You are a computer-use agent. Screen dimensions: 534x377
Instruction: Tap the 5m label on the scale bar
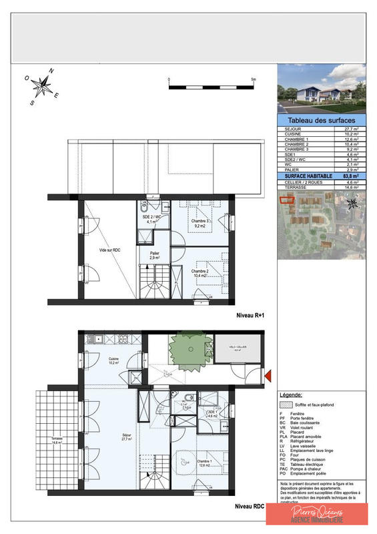[x=253, y=79]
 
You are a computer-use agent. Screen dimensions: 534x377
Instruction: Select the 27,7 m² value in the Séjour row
[x=351, y=129]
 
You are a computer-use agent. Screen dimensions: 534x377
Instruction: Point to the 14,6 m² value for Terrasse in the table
[x=351, y=188]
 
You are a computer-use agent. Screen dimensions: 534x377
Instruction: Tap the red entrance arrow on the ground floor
[x=268, y=377]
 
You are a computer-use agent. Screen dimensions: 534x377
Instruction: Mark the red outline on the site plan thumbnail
[x=285, y=202]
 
